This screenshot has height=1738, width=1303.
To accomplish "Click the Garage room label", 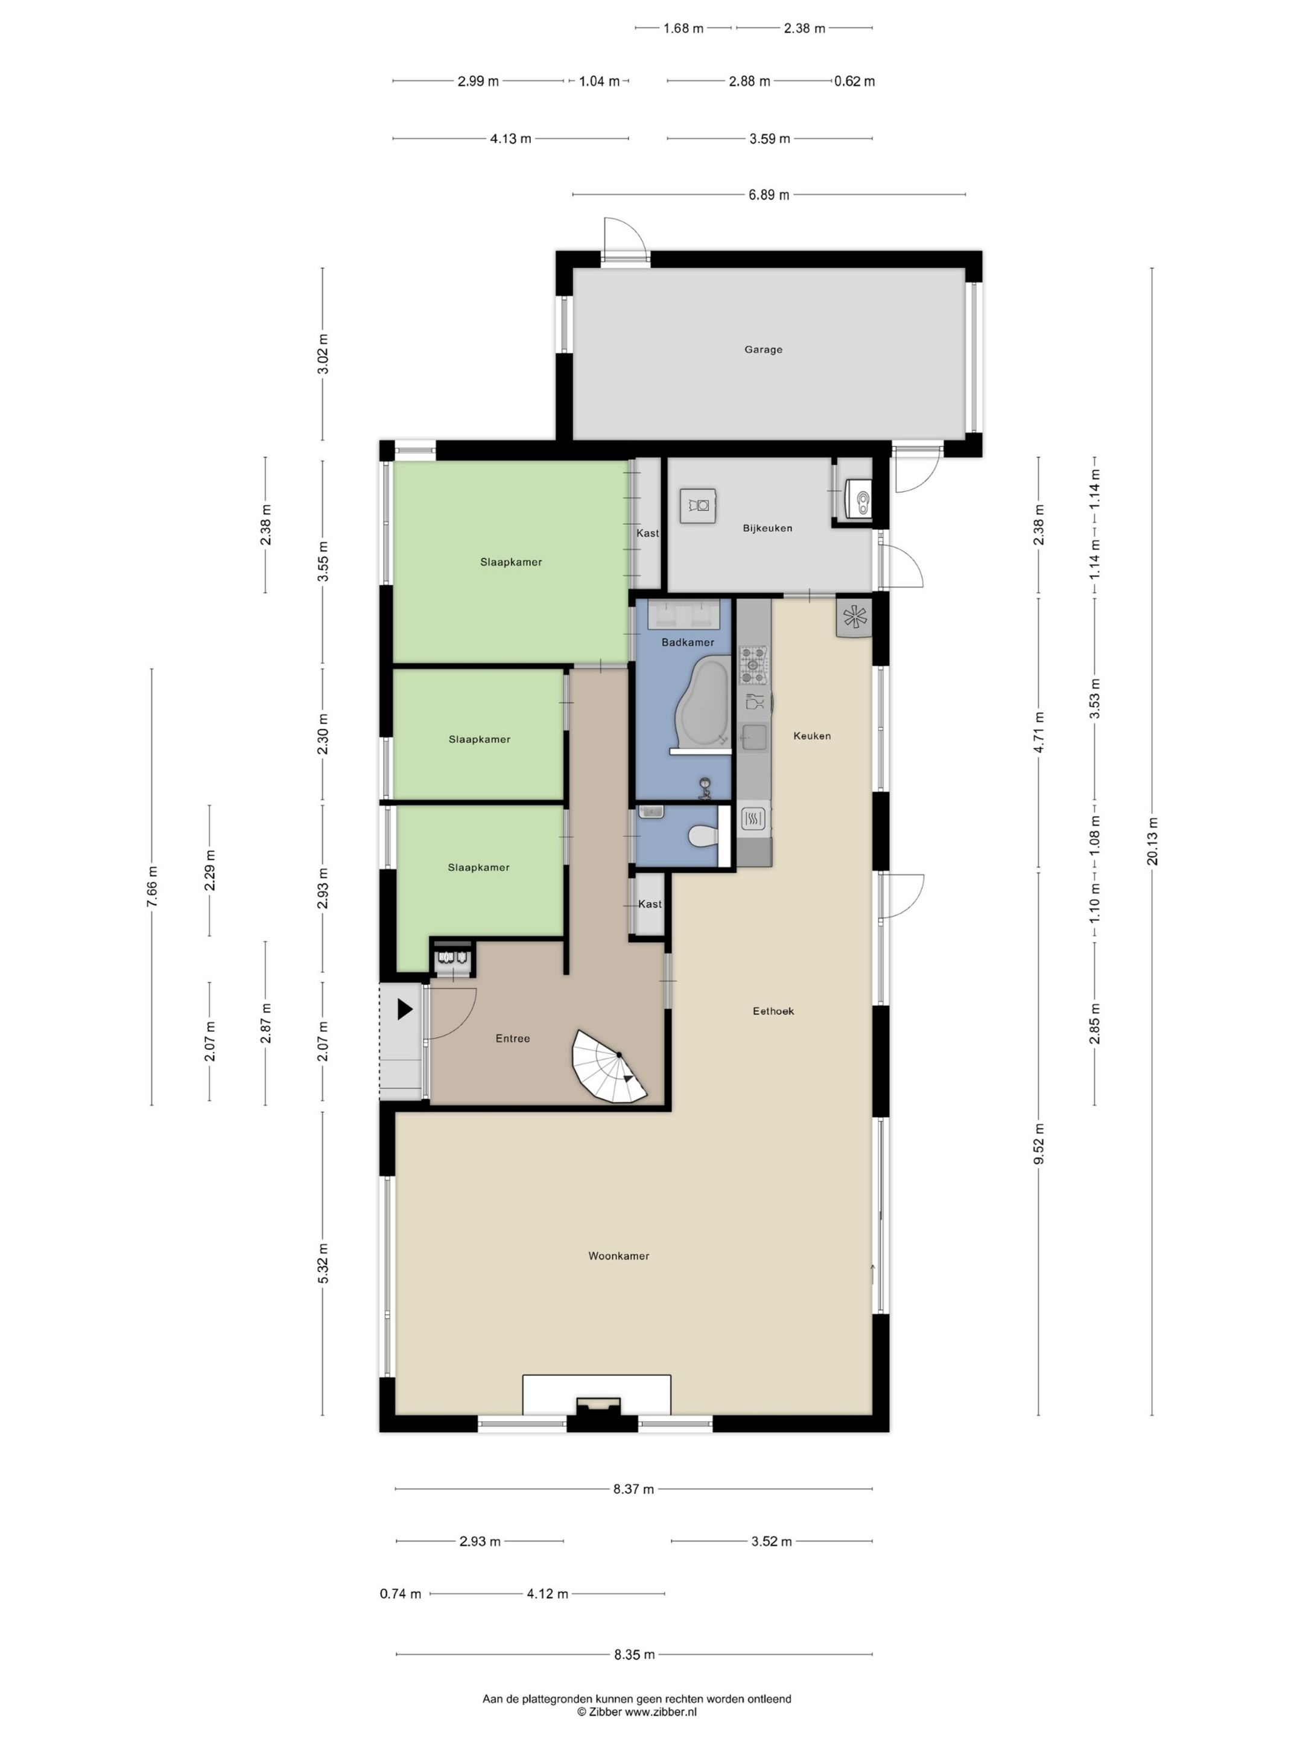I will pos(762,349).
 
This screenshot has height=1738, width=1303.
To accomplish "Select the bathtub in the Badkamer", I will pos(703,703).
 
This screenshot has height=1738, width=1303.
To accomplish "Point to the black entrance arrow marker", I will pos(405,1010).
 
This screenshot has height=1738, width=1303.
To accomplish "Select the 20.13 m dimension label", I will pos(1152,841).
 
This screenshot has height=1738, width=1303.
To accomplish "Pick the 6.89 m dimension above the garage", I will pos(768,195).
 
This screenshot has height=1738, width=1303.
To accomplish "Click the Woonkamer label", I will pos(619,1256).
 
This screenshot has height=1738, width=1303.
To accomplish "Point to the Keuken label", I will pos(811,736).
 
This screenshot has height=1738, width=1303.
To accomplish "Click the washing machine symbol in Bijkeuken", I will pos(697,505).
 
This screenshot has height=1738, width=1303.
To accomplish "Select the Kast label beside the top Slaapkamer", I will pos(647,533).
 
